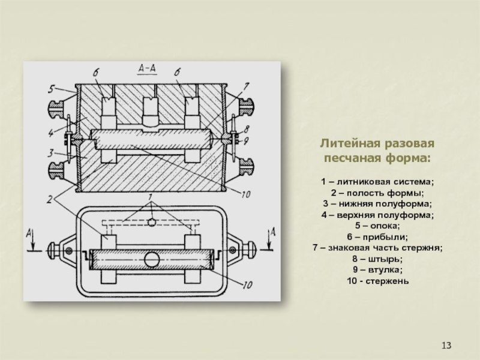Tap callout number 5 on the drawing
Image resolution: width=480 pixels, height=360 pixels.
point(53,89)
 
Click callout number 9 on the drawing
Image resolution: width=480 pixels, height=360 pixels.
point(247,141)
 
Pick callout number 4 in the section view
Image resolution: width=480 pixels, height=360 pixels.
point(53,131)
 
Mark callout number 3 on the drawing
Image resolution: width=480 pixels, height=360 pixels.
point(53,151)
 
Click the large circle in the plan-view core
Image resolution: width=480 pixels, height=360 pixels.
point(152,260)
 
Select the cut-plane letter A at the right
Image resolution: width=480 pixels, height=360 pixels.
point(274,230)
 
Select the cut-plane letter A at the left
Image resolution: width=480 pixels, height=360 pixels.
point(26,230)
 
